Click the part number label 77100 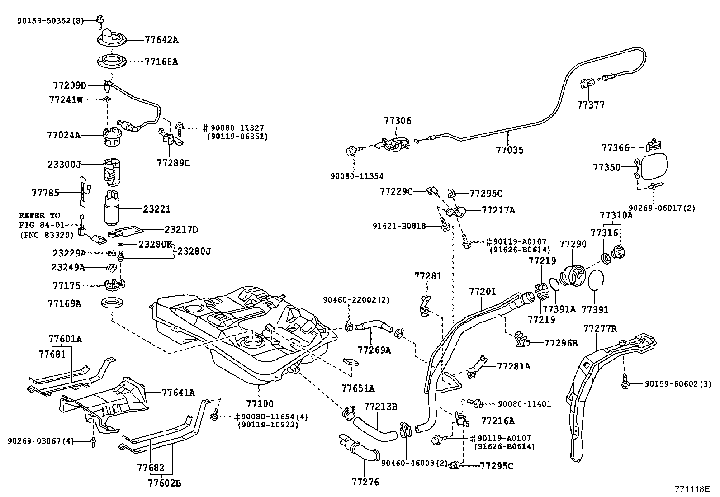pos(260,404)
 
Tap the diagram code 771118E pos(692,489)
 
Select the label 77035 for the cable pos(509,149)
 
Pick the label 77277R pos(600,328)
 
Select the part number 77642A pos(161,40)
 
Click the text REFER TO pos(39,216)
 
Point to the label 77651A pos(358,388)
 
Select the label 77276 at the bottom pos(365,482)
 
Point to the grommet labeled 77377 pos(585,84)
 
